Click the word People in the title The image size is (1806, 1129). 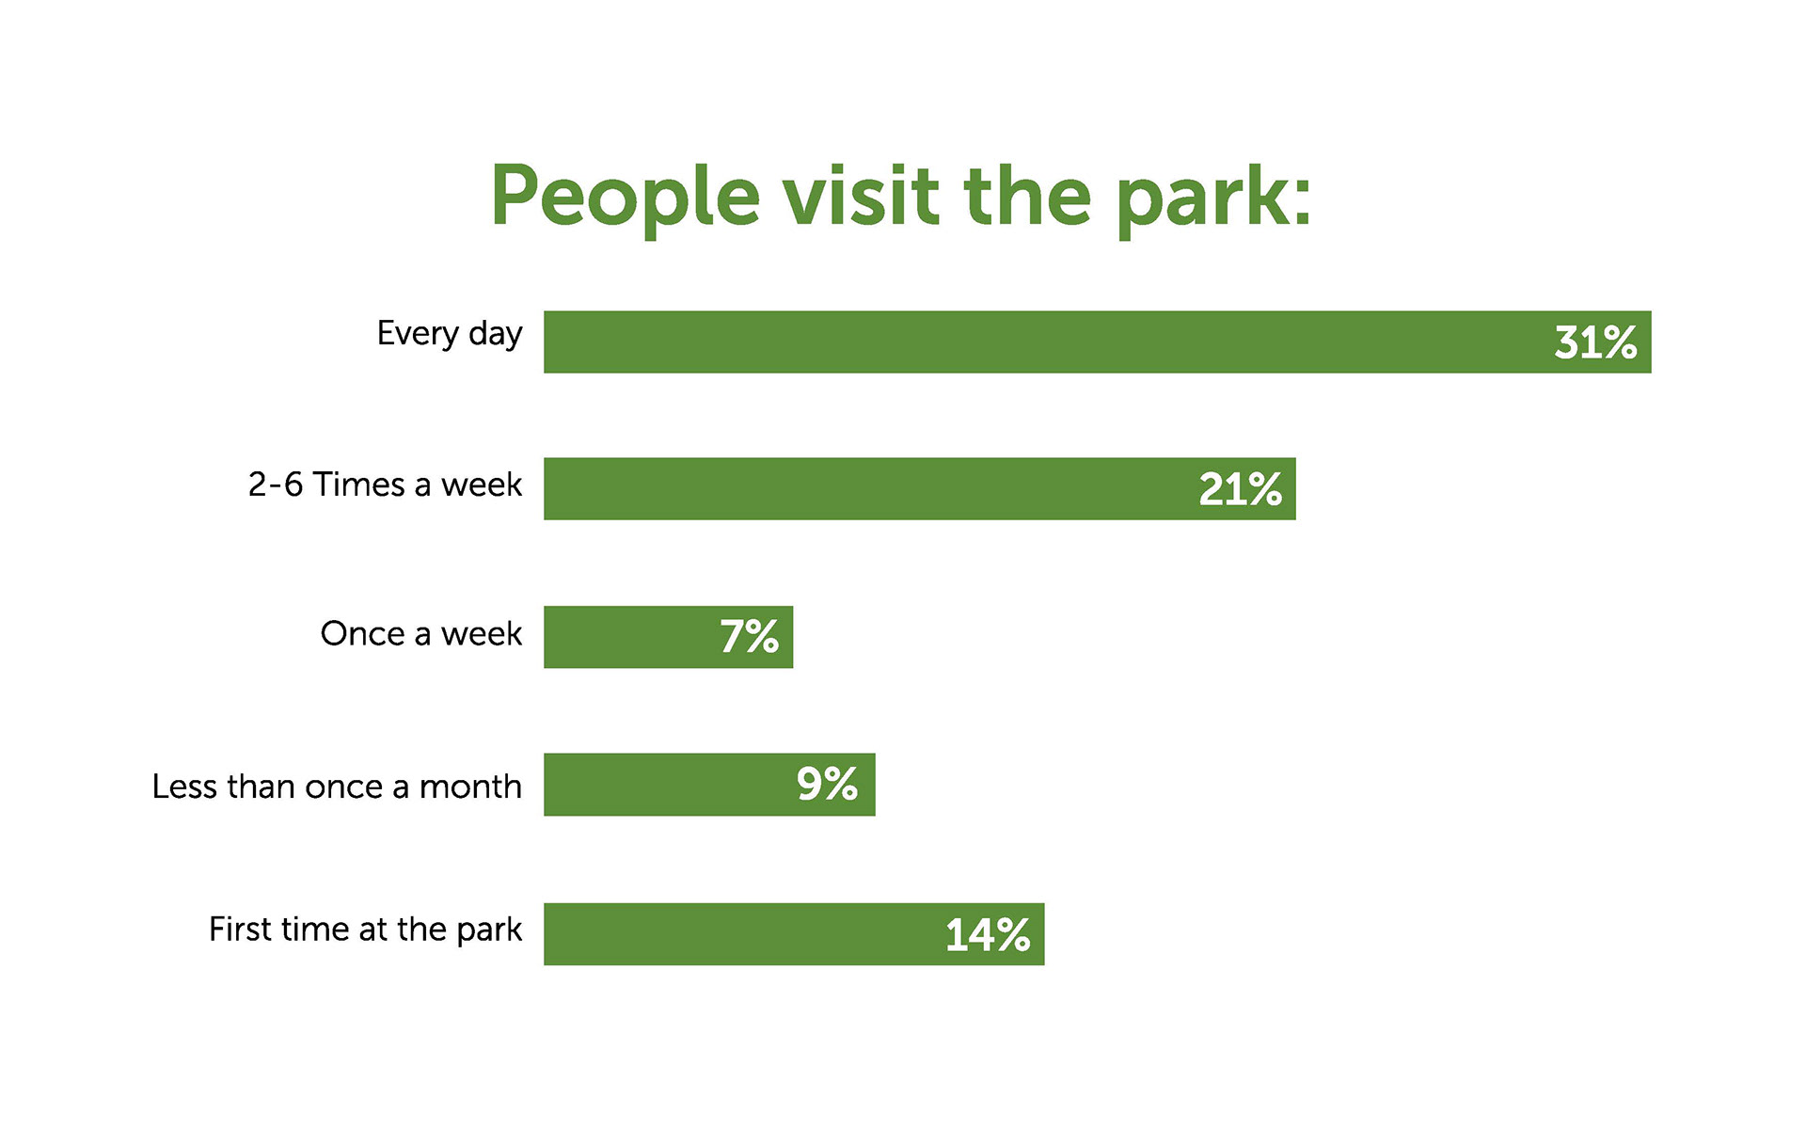[x=626, y=198]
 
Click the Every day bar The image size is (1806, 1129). [x=1097, y=342]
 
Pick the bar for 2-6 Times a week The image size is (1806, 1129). [x=920, y=488]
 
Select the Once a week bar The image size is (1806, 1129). [x=668, y=637]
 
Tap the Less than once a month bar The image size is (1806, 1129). [x=709, y=785]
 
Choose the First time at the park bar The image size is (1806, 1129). [x=794, y=934]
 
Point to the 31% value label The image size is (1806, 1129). [x=1595, y=342]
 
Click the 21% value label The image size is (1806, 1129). [x=1240, y=489]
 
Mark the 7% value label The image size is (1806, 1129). [x=749, y=637]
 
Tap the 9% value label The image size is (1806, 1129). [x=827, y=784]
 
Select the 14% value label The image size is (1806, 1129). [x=988, y=935]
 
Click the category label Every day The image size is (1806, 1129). [x=450, y=334]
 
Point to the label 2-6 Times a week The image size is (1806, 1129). [x=385, y=485]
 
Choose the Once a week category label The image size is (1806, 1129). [x=420, y=634]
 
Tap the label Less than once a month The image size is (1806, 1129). [x=337, y=786]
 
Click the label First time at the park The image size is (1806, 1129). [x=365, y=930]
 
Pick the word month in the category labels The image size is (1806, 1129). [x=470, y=786]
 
